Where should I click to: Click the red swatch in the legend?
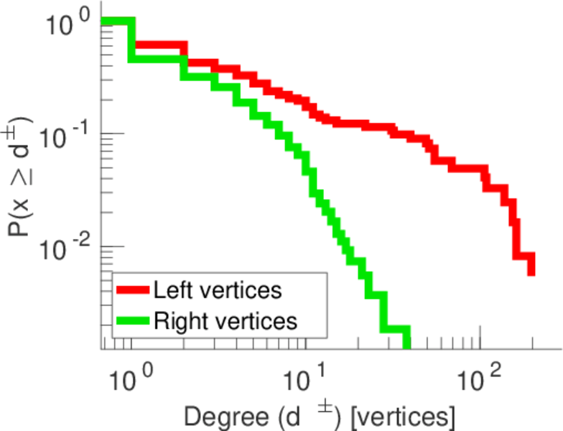pyautogui.click(x=133, y=291)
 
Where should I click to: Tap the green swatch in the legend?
pyautogui.click(x=133, y=320)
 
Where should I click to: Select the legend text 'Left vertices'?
pyautogui.click(x=217, y=291)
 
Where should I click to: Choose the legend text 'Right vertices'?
pyautogui.click(x=224, y=320)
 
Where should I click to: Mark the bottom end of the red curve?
pyautogui.click(x=531, y=272)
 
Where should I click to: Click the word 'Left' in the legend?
pyautogui.click(x=170, y=291)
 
